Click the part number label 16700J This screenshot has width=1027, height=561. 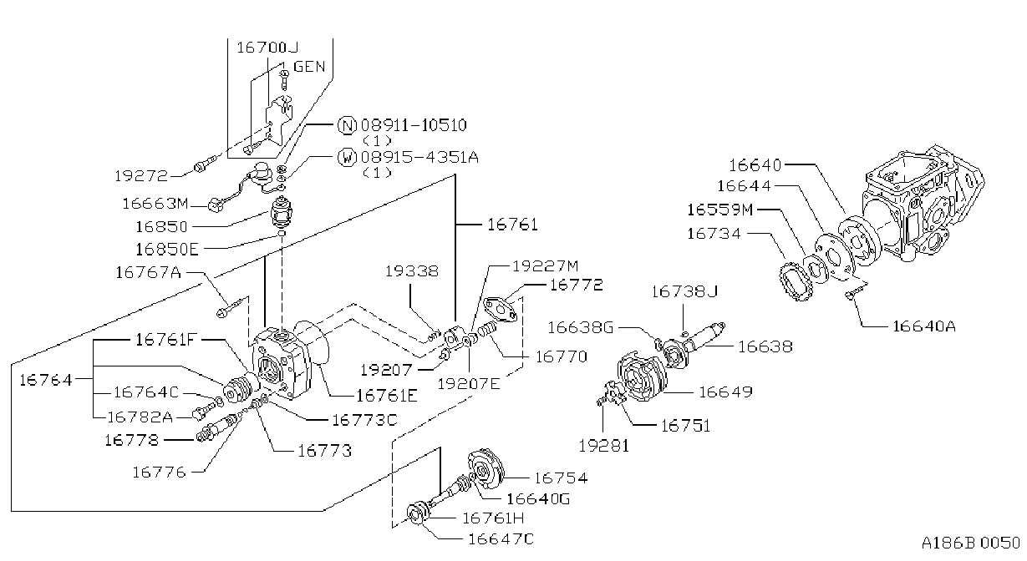pyautogui.click(x=267, y=48)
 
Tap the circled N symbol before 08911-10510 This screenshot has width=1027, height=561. pyautogui.click(x=347, y=125)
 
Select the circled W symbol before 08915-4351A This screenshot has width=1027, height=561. pyautogui.click(x=347, y=157)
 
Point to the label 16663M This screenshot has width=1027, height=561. pyautogui.click(x=155, y=204)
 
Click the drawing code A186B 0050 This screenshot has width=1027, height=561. pyautogui.click(x=971, y=543)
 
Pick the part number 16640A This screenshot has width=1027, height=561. pyautogui.click(x=924, y=326)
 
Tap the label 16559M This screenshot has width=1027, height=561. pyautogui.click(x=719, y=210)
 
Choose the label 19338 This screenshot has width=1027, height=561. pyautogui.click(x=412, y=271)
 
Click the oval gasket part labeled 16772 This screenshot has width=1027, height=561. pyautogui.click(x=501, y=309)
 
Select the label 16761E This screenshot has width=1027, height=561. pyautogui.click(x=387, y=396)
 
